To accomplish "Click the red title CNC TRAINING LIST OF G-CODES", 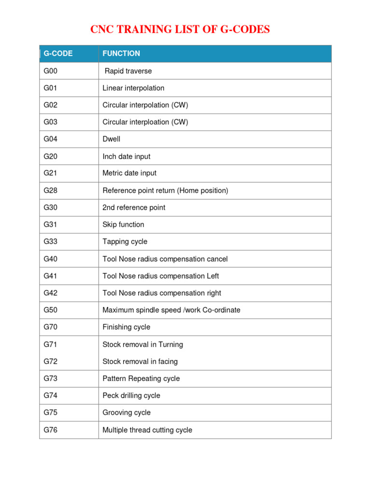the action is [180, 29].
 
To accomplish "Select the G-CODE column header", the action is [58, 54].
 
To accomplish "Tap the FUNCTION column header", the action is [121, 54].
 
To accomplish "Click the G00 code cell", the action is [50, 71].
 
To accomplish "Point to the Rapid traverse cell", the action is [128, 71].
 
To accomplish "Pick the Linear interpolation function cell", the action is [133, 88].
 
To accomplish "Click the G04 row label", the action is [50, 139].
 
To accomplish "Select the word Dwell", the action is [112, 139].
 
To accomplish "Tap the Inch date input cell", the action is [127, 157].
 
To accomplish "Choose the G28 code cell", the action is [50, 190].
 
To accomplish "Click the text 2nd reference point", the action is [134, 207].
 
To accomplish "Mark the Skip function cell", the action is [123, 224].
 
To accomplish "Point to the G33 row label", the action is [50, 242].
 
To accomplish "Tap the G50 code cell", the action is [50, 310].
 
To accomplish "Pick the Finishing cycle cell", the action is [126, 327].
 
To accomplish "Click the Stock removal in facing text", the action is [140, 362].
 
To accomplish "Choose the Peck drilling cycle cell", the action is [131, 395].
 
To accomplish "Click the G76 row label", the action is [50, 430].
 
